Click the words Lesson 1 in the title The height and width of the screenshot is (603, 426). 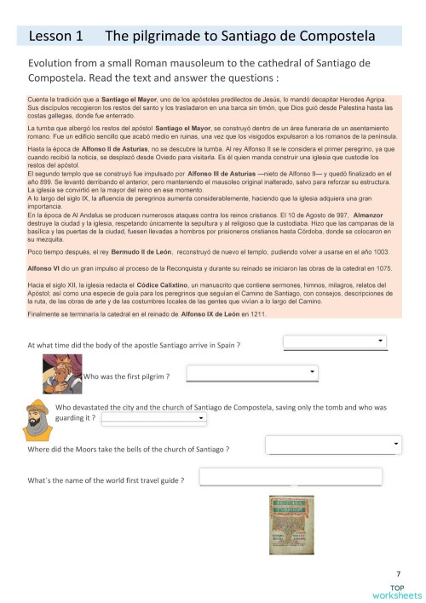tap(55, 36)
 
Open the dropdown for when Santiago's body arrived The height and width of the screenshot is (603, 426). tap(335, 343)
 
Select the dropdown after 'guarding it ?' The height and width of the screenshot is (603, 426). tap(154, 419)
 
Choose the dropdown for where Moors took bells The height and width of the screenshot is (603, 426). tap(333, 445)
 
